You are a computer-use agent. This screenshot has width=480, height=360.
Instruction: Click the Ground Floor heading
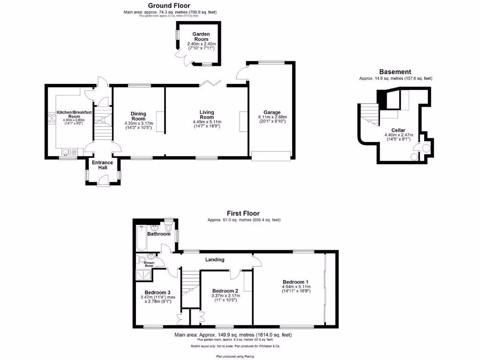(170, 6)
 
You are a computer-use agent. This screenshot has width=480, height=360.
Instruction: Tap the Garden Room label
(201, 37)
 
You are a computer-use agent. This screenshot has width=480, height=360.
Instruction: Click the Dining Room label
(138, 116)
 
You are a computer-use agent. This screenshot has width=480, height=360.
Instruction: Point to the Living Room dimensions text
(206, 124)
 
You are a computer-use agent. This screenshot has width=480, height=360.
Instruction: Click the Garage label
(272, 112)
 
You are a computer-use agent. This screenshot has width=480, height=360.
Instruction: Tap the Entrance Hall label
(102, 165)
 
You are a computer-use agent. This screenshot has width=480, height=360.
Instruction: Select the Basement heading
(395, 72)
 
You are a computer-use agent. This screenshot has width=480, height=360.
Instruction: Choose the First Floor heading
(243, 213)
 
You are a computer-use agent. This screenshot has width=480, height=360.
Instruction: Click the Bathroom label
(159, 234)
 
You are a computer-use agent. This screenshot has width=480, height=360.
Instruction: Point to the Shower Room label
(149, 264)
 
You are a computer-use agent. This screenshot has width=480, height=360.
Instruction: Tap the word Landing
(215, 260)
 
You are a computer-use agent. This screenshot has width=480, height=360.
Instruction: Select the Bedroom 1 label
(296, 282)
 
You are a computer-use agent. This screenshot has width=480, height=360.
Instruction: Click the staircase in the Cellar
(369, 113)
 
